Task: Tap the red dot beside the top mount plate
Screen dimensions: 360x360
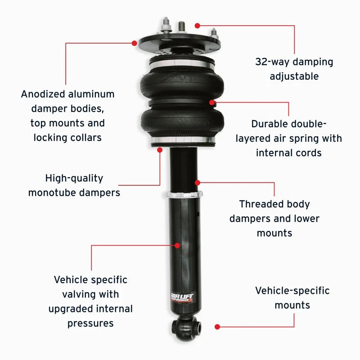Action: pyautogui.click(x=134, y=43)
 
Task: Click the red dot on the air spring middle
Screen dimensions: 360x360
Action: pyautogui.click(x=212, y=102)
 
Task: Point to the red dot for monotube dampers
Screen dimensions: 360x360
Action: pyautogui.click(x=160, y=149)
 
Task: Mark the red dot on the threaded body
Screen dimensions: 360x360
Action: pyautogui.click(x=197, y=183)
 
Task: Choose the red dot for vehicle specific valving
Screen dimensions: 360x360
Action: pyautogui.click(x=177, y=245)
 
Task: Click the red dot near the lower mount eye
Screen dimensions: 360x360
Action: pyautogui.click(x=217, y=326)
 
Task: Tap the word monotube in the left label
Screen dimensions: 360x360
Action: pyautogui.click(x=54, y=193)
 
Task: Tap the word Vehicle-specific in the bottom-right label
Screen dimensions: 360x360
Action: pyautogui.click(x=292, y=290)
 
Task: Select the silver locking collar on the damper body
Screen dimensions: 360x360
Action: pyautogui.click(x=184, y=195)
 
